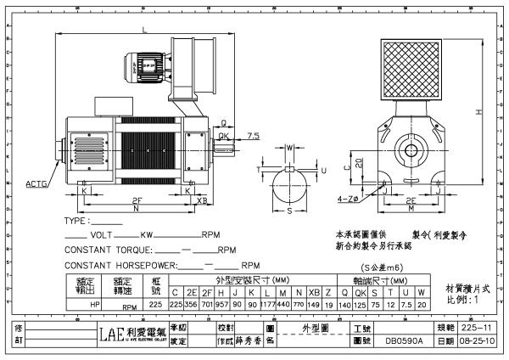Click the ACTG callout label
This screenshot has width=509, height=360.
36,183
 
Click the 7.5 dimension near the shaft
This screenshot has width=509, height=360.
253,135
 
